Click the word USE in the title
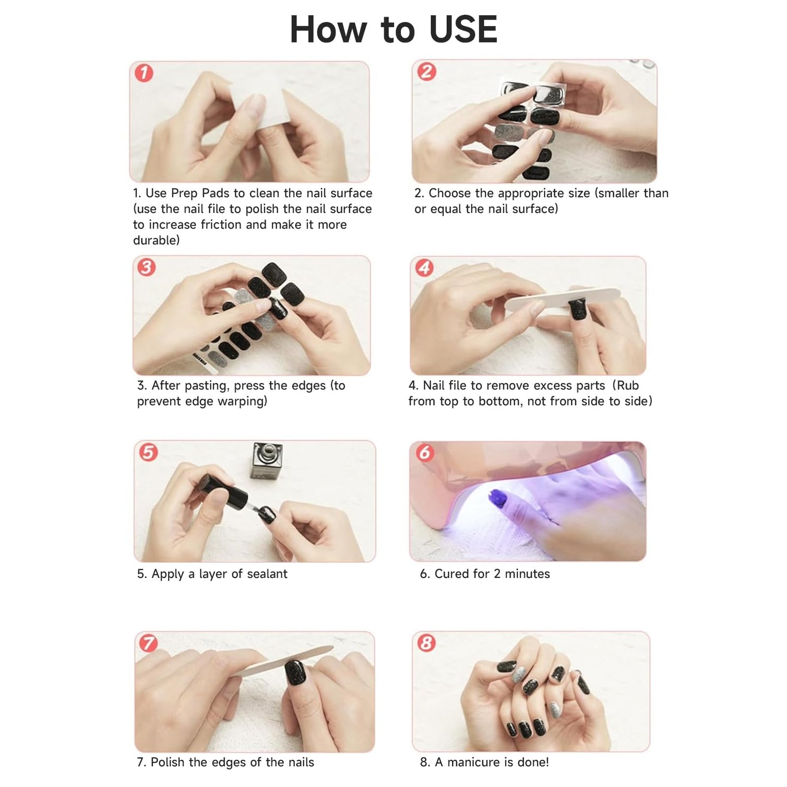pos(463,29)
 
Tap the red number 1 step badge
pos(144,72)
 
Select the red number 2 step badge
pos(426,71)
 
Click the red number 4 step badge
pos(424,267)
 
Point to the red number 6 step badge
pos(425,453)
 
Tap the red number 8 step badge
pos(426,643)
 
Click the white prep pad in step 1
pos(260,109)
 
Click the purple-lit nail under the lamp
pos(499,499)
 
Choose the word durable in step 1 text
pos(156,241)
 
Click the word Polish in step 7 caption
pos(168,762)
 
